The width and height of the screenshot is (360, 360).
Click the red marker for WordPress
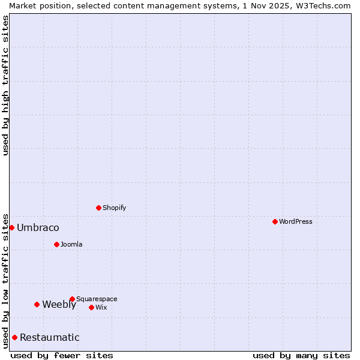click(x=275, y=221)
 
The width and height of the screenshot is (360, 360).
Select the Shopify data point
click(x=98, y=208)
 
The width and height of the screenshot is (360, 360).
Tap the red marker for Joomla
click(x=56, y=244)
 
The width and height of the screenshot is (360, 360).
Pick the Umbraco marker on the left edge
click(x=11, y=227)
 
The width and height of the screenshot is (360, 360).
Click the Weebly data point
click(x=37, y=304)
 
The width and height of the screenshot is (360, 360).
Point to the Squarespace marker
click(x=72, y=299)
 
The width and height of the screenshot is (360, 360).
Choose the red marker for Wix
click(x=91, y=307)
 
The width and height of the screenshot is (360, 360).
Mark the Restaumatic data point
click(x=14, y=337)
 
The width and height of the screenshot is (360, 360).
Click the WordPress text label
click(x=296, y=221)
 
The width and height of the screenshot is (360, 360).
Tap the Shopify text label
click(x=115, y=208)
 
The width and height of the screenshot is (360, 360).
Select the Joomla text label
click(x=71, y=244)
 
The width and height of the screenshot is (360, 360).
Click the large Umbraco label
click(x=38, y=227)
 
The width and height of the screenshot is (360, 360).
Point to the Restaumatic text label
click(x=50, y=337)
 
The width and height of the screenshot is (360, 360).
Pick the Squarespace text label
click(x=97, y=299)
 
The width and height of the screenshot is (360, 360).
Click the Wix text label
click(x=101, y=307)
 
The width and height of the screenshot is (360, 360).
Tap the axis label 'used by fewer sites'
click(x=62, y=355)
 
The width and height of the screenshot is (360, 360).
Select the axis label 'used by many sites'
click(x=301, y=355)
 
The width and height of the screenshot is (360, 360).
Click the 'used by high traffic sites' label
click(x=5, y=85)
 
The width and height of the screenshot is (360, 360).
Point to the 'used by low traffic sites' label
click(x=5, y=280)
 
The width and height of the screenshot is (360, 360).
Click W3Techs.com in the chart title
click(x=321, y=5)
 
